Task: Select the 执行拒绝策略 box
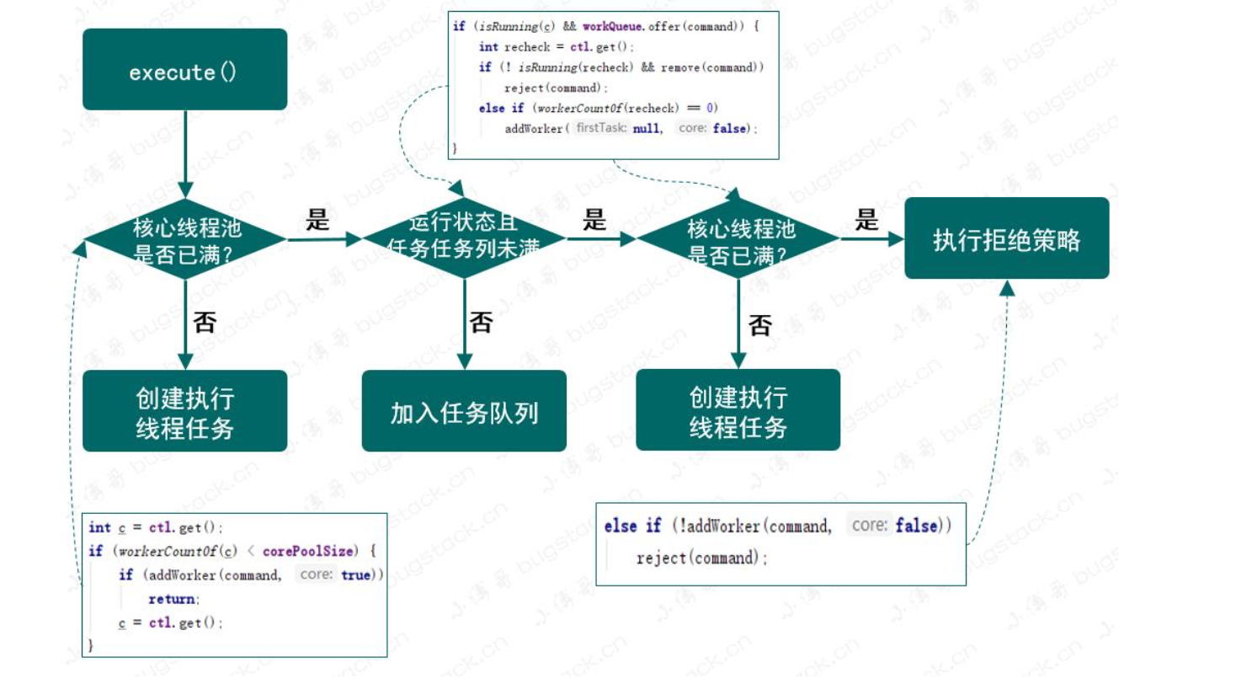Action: pyautogui.click(x=1006, y=239)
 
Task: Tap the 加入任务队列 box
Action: pyautogui.click(x=464, y=412)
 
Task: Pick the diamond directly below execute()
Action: pyautogui.click(x=185, y=239)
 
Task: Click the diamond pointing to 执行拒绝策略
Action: pyautogui.click(x=738, y=239)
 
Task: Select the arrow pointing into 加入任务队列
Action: pyautogui.click(x=464, y=324)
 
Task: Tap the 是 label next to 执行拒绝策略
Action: pyautogui.click(x=867, y=221)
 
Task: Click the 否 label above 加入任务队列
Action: pyautogui.click(x=481, y=322)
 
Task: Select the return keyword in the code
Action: pyautogui.click(x=173, y=599)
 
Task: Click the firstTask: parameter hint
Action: pyautogui.click(x=601, y=128)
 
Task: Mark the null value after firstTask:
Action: pyautogui.click(x=647, y=129)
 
